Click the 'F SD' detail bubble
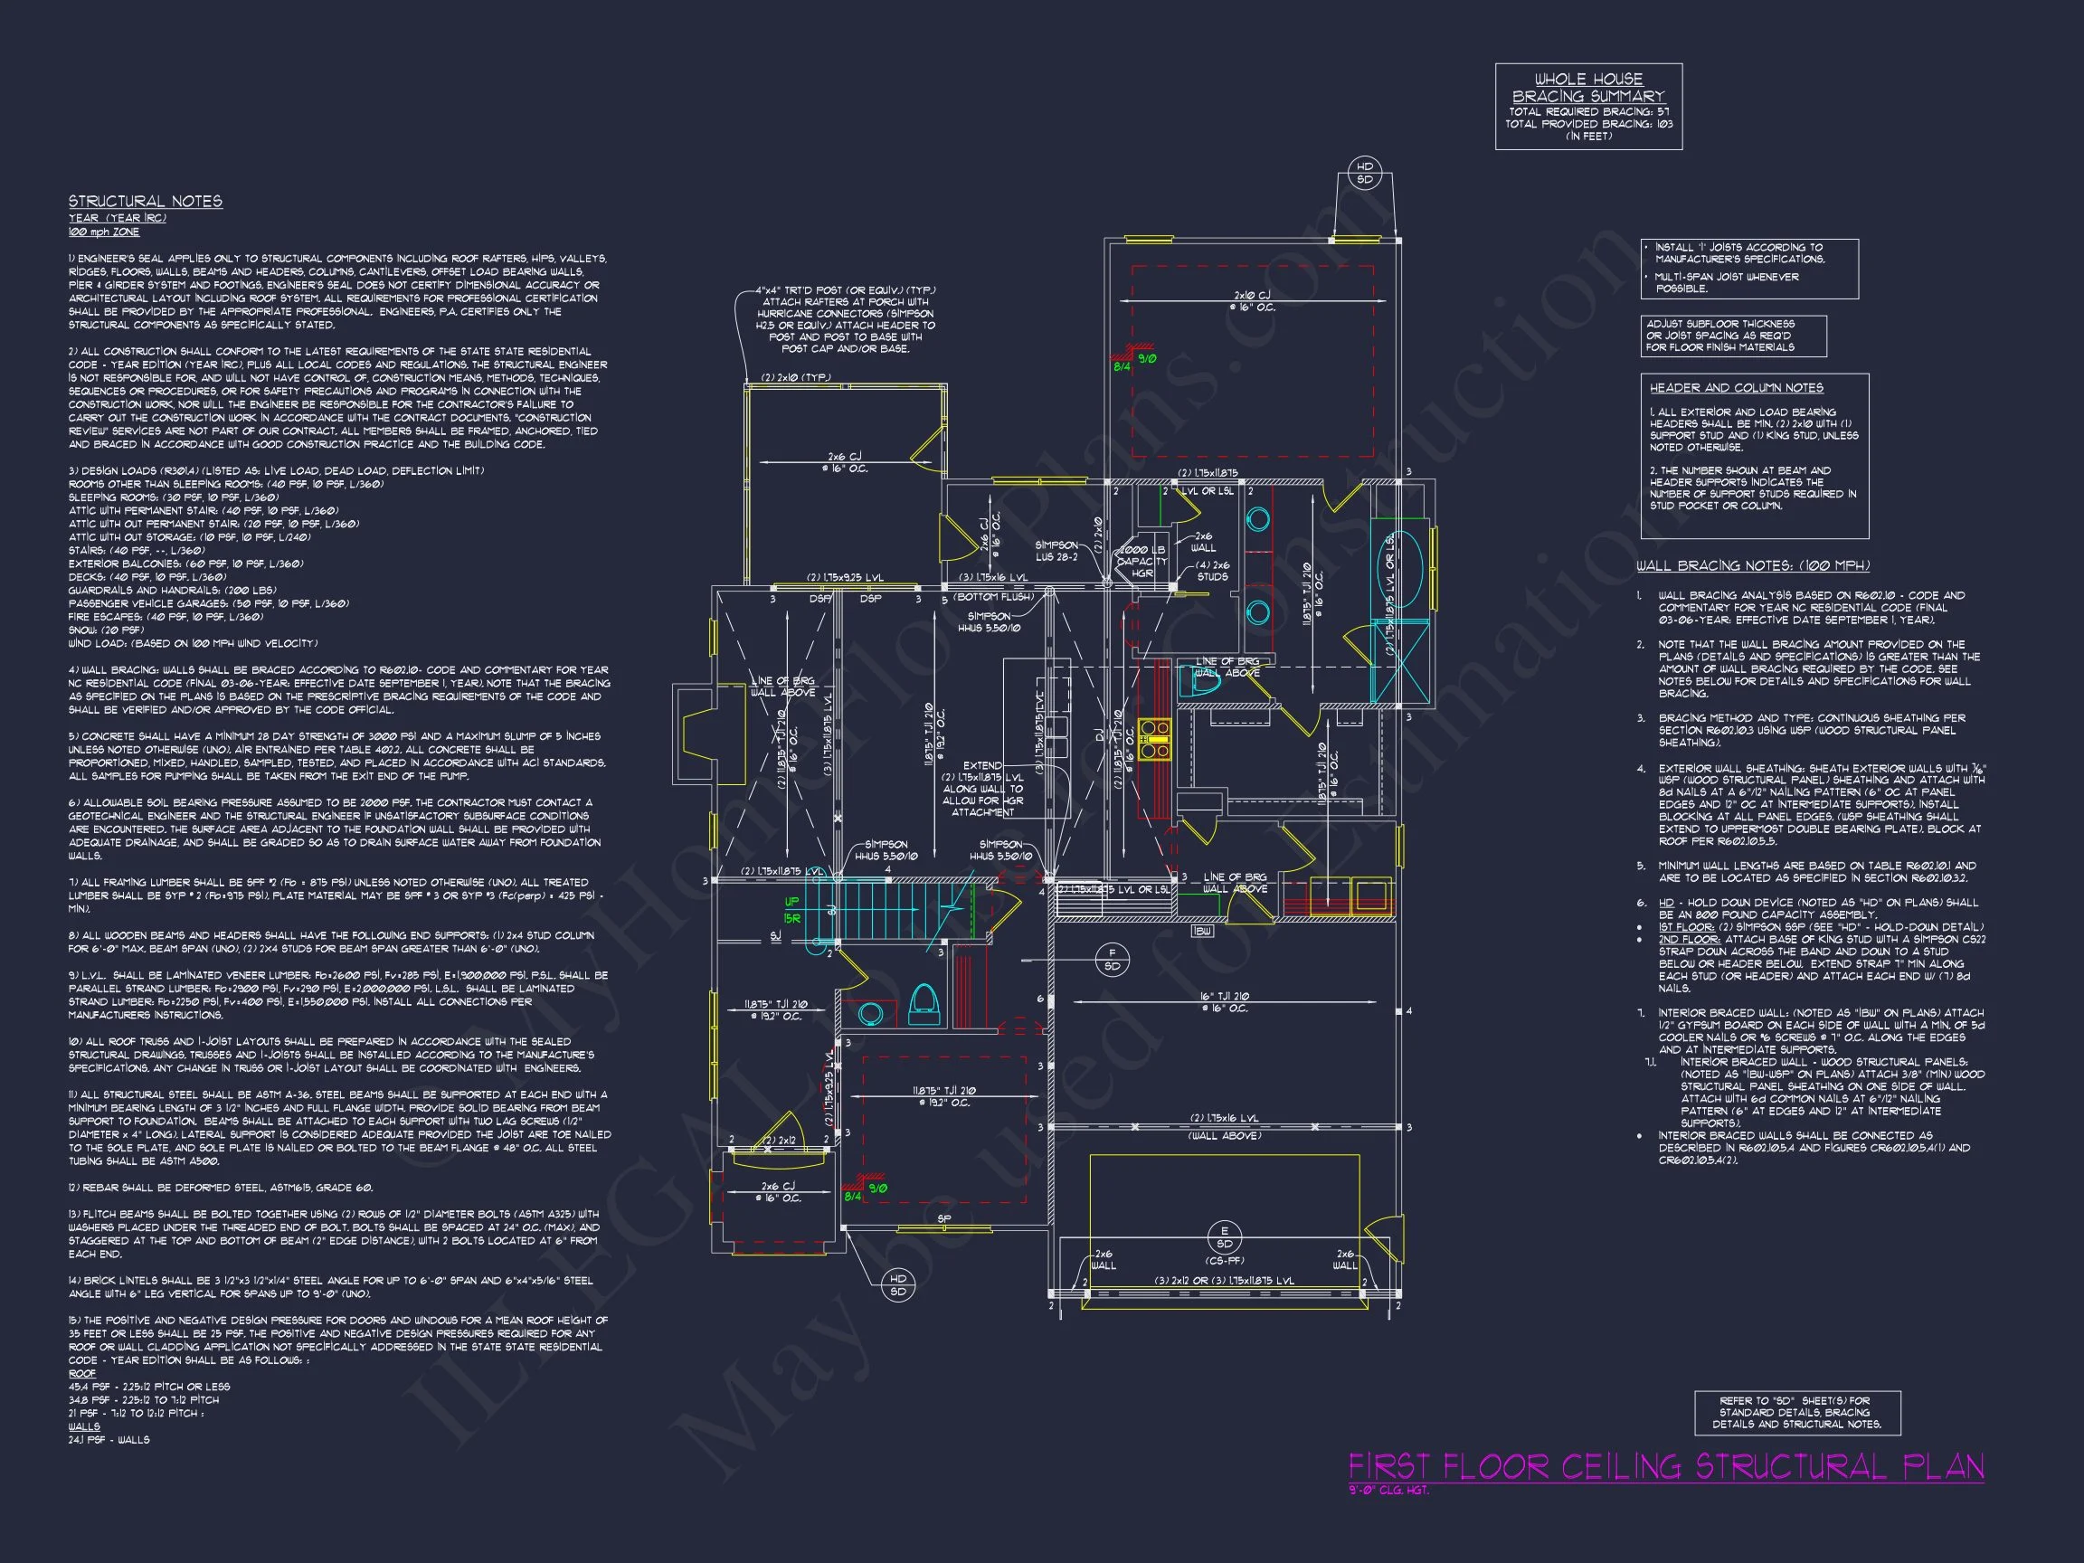(x=1111, y=960)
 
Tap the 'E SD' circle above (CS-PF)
(x=1224, y=1238)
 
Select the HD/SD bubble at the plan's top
(x=1364, y=174)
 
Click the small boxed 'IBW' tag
(x=1202, y=931)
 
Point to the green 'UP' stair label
(x=791, y=902)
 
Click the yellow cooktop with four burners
(x=1154, y=740)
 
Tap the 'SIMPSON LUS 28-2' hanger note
(x=1056, y=551)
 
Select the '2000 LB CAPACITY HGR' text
(x=1141, y=561)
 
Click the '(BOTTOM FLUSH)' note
(x=994, y=597)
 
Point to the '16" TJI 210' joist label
(x=1224, y=996)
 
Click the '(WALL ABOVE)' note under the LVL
(x=1224, y=1136)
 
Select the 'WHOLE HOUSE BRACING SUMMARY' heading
(x=1588, y=88)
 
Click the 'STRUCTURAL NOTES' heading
(x=145, y=202)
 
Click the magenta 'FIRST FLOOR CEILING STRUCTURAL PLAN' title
(x=1666, y=1467)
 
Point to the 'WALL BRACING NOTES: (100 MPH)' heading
(x=1752, y=566)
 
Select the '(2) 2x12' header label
(x=779, y=1140)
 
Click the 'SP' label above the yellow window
(x=944, y=1218)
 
